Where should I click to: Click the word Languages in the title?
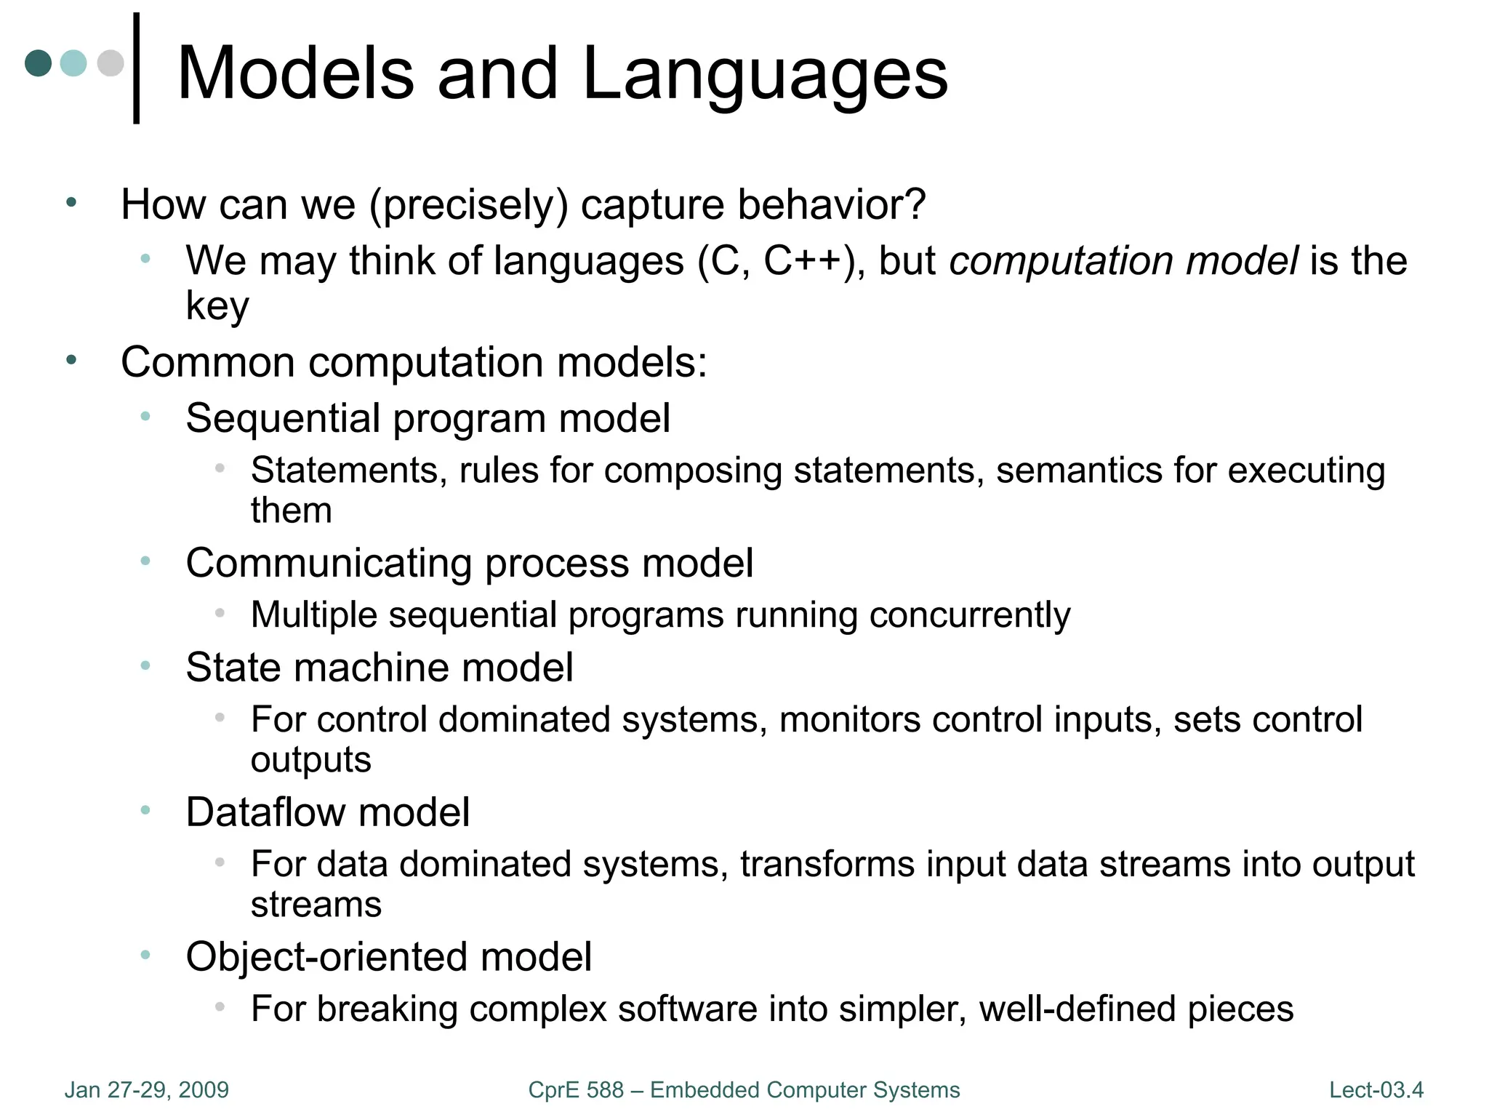(x=765, y=74)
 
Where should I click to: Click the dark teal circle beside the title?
(x=39, y=63)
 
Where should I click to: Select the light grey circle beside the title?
(x=111, y=63)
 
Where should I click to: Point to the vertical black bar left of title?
(x=137, y=68)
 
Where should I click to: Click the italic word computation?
(x=1061, y=261)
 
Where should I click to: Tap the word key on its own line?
(x=217, y=305)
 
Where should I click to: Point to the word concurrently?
(x=970, y=615)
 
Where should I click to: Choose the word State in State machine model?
(x=232, y=667)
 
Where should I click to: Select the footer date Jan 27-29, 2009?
(x=147, y=1090)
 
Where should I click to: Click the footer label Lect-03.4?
(x=1376, y=1090)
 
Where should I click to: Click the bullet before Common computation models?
(x=71, y=360)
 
